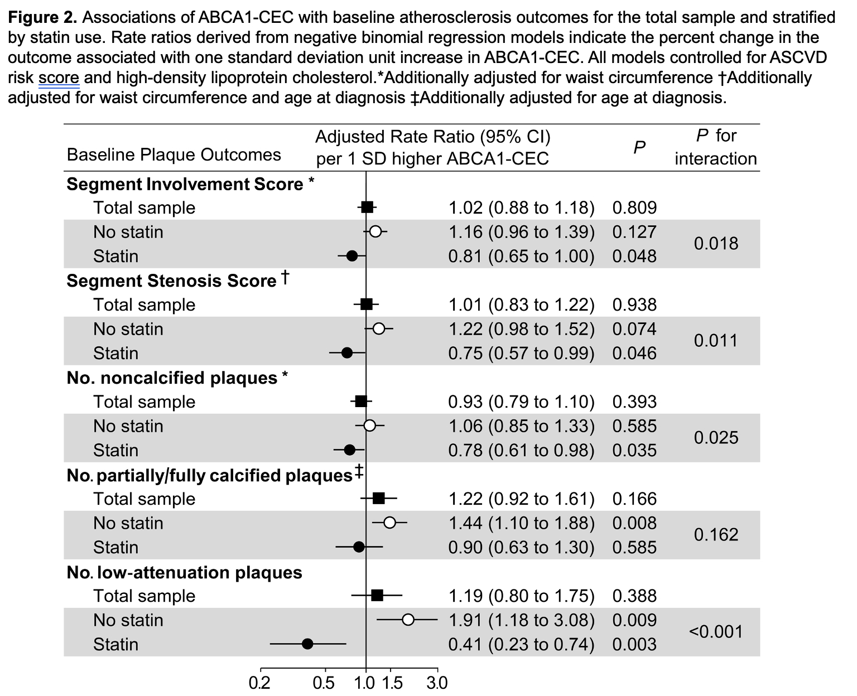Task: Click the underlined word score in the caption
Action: click(59, 78)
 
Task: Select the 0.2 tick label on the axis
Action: click(260, 683)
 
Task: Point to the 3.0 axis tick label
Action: click(437, 683)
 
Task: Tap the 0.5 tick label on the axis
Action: click(325, 683)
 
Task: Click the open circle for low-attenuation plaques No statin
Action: click(408, 620)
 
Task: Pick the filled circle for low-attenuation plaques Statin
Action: click(307, 644)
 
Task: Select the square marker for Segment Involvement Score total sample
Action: click(367, 207)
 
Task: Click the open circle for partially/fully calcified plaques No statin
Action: click(389, 523)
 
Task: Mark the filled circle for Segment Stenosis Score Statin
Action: click(347, 353)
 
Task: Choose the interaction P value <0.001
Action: click(716, 632)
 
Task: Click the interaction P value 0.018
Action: click(716, 244)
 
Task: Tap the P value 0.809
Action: click(634, 208)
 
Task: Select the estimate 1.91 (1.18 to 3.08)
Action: click(521, 620)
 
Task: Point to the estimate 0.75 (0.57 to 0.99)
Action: click(521, 354)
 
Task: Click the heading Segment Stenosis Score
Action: click(171, 281)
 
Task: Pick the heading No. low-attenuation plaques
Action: click(184, 572)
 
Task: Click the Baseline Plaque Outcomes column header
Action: click(174, 154)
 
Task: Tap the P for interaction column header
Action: click(716, 147)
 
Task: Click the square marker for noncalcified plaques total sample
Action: click(361, 402)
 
